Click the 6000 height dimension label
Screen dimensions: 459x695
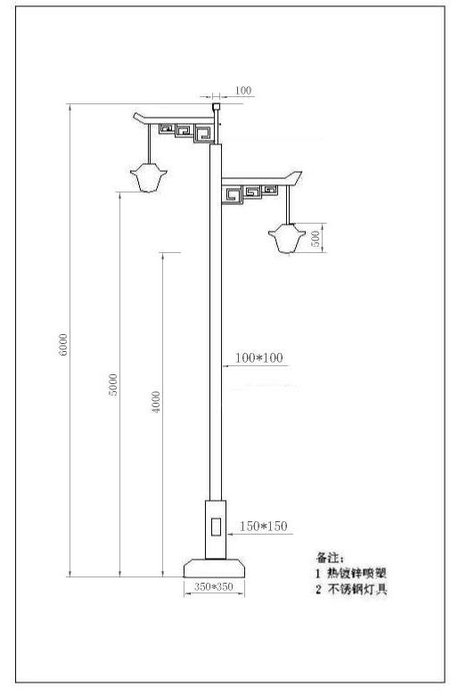[63, 345]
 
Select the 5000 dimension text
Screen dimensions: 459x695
[113, 385]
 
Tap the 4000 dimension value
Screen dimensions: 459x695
[156, 402]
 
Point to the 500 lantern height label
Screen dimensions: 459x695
[316, 239]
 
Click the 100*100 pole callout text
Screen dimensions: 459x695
[259, 357]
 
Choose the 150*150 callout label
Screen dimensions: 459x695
[264, 526]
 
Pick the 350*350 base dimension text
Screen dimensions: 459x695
[214, 586]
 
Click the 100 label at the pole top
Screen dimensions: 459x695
[243, 90]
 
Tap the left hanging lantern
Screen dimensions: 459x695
[149, 177]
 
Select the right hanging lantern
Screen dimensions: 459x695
[287, 238]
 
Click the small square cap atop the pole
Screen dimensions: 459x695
[217, 107]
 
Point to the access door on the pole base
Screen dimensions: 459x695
[216, 527]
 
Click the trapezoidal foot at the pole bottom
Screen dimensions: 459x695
[214, 568]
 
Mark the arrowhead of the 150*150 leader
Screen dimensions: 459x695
[229, 534]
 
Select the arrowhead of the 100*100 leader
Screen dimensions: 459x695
[225, 366]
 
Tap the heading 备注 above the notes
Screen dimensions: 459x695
[330, 557]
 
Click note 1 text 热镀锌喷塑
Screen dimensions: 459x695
[357, 573]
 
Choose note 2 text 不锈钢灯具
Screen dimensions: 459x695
[357, 590]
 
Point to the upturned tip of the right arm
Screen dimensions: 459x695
[300, 173]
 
